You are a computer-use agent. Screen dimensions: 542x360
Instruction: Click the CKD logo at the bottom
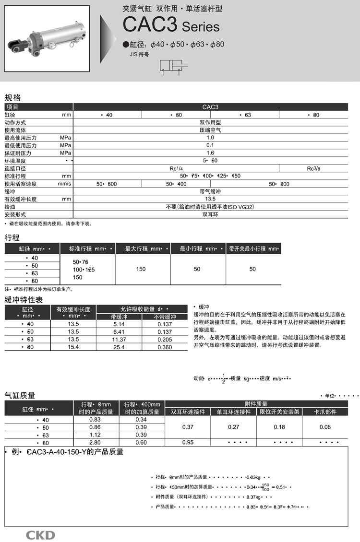pyautogui.click(x=40, y=535)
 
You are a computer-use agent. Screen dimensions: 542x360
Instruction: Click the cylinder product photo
pyautogui.click(x=46, y=38)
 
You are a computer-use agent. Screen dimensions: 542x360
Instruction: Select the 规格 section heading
pyautogui.click(x=12, y=97)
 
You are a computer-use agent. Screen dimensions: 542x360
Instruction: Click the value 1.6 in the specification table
pyautogui.click(x=210, y=153)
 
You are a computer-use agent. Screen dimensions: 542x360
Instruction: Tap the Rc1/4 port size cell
pyautogui.click(x=176, y=168)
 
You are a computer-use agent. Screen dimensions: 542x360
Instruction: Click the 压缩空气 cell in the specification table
pyautogui.click(x=210, y=130)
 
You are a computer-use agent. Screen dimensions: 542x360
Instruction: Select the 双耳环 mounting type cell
pyautogui.click(x=210, y=214)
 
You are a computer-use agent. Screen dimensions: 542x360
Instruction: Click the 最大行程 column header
pyautogui.click(x=143, y=249)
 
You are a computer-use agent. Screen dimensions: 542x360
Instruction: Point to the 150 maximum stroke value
pyautogui.click(x=141, y=269)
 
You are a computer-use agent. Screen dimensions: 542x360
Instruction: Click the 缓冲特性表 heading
pyautogui.click(x=24, y=300)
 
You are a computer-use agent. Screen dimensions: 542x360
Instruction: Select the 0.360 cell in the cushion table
pyautogui.click(x=165, y=347)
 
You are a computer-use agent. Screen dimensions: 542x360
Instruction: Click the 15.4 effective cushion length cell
pyautogui.click(x=73, y=347)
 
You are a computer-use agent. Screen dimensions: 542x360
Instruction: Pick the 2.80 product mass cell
pyautogui.click(x=95, y=443)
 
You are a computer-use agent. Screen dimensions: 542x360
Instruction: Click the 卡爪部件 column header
pyautogui.click(x=325, y=412)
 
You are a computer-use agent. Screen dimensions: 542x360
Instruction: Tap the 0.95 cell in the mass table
pyautogui.click(x=188, y=443)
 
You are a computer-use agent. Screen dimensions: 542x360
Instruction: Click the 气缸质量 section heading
pyautogui.click(x=20, y=395)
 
